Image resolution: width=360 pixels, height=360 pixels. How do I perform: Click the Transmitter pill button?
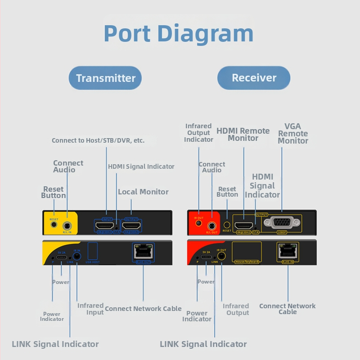pyautogui.click(x=105, y=78)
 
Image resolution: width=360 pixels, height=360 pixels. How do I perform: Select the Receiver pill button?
pyautogui.click(x=254, y=78)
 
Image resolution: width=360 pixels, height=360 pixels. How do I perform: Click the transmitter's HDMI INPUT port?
pyautogui.click(x=105, y=225)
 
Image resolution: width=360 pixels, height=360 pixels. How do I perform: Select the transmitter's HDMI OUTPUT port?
pyautogui.click(x=132, y=225)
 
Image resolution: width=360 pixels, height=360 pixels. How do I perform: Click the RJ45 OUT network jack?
pyautogui.click(x=143, y=251)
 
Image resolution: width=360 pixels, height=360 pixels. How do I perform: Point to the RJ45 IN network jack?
pyautogui.click(x=287, y=251)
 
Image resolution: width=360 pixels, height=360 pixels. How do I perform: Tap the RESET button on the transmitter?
pyautogui.click(x=54, y=224)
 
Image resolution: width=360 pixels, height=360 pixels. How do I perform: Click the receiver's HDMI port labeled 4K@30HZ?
pyautogui.click(x=243, y=224)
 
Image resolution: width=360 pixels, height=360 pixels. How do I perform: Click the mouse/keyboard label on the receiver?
pyautogui.click(x=246, y=261)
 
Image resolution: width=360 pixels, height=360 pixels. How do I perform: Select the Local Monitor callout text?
pyautogui.click(x=143, y=192)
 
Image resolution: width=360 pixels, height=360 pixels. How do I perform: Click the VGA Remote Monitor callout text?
pyautogui.click(x=293, y=134)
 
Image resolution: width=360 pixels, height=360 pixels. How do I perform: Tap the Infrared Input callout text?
pyautogui.click(x=90, y=309)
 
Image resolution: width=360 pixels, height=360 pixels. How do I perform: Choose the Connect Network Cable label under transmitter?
pyautogui.click(x=143, y=309)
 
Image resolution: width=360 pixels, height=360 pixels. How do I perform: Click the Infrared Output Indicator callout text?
pyautogui.click(x=198, y=133)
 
